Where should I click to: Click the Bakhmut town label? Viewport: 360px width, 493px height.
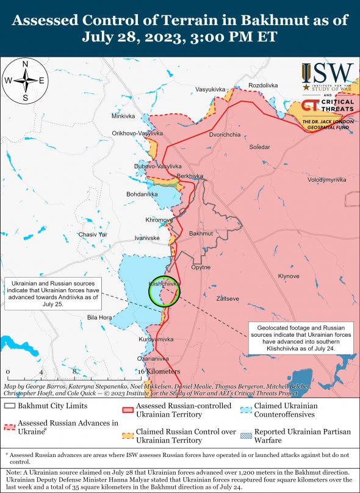click(x=201, y=234)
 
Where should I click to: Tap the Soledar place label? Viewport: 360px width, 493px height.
click(x=259, y=147)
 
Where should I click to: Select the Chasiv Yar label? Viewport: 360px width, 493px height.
click(x=93, y=234)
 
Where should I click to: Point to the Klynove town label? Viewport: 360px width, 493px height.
click(x=289, y=276)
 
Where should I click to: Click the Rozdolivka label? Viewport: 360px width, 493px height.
click(x=263, y=85)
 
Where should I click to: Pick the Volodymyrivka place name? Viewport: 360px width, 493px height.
click(x=326, y=180)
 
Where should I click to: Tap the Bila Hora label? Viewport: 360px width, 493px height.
click(x=99, y=317)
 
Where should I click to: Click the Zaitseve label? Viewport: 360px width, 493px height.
click(x=228, y=298)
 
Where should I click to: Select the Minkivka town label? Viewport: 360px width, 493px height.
click(x=123, y=116)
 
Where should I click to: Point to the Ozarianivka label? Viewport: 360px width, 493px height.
click(x=153, y=359)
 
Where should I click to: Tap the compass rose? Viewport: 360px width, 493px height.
click(x=25, y=81)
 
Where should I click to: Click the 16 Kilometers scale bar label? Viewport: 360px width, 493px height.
click(x=158, y=372)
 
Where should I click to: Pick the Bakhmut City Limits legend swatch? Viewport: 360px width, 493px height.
click(x=9, y=406)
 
